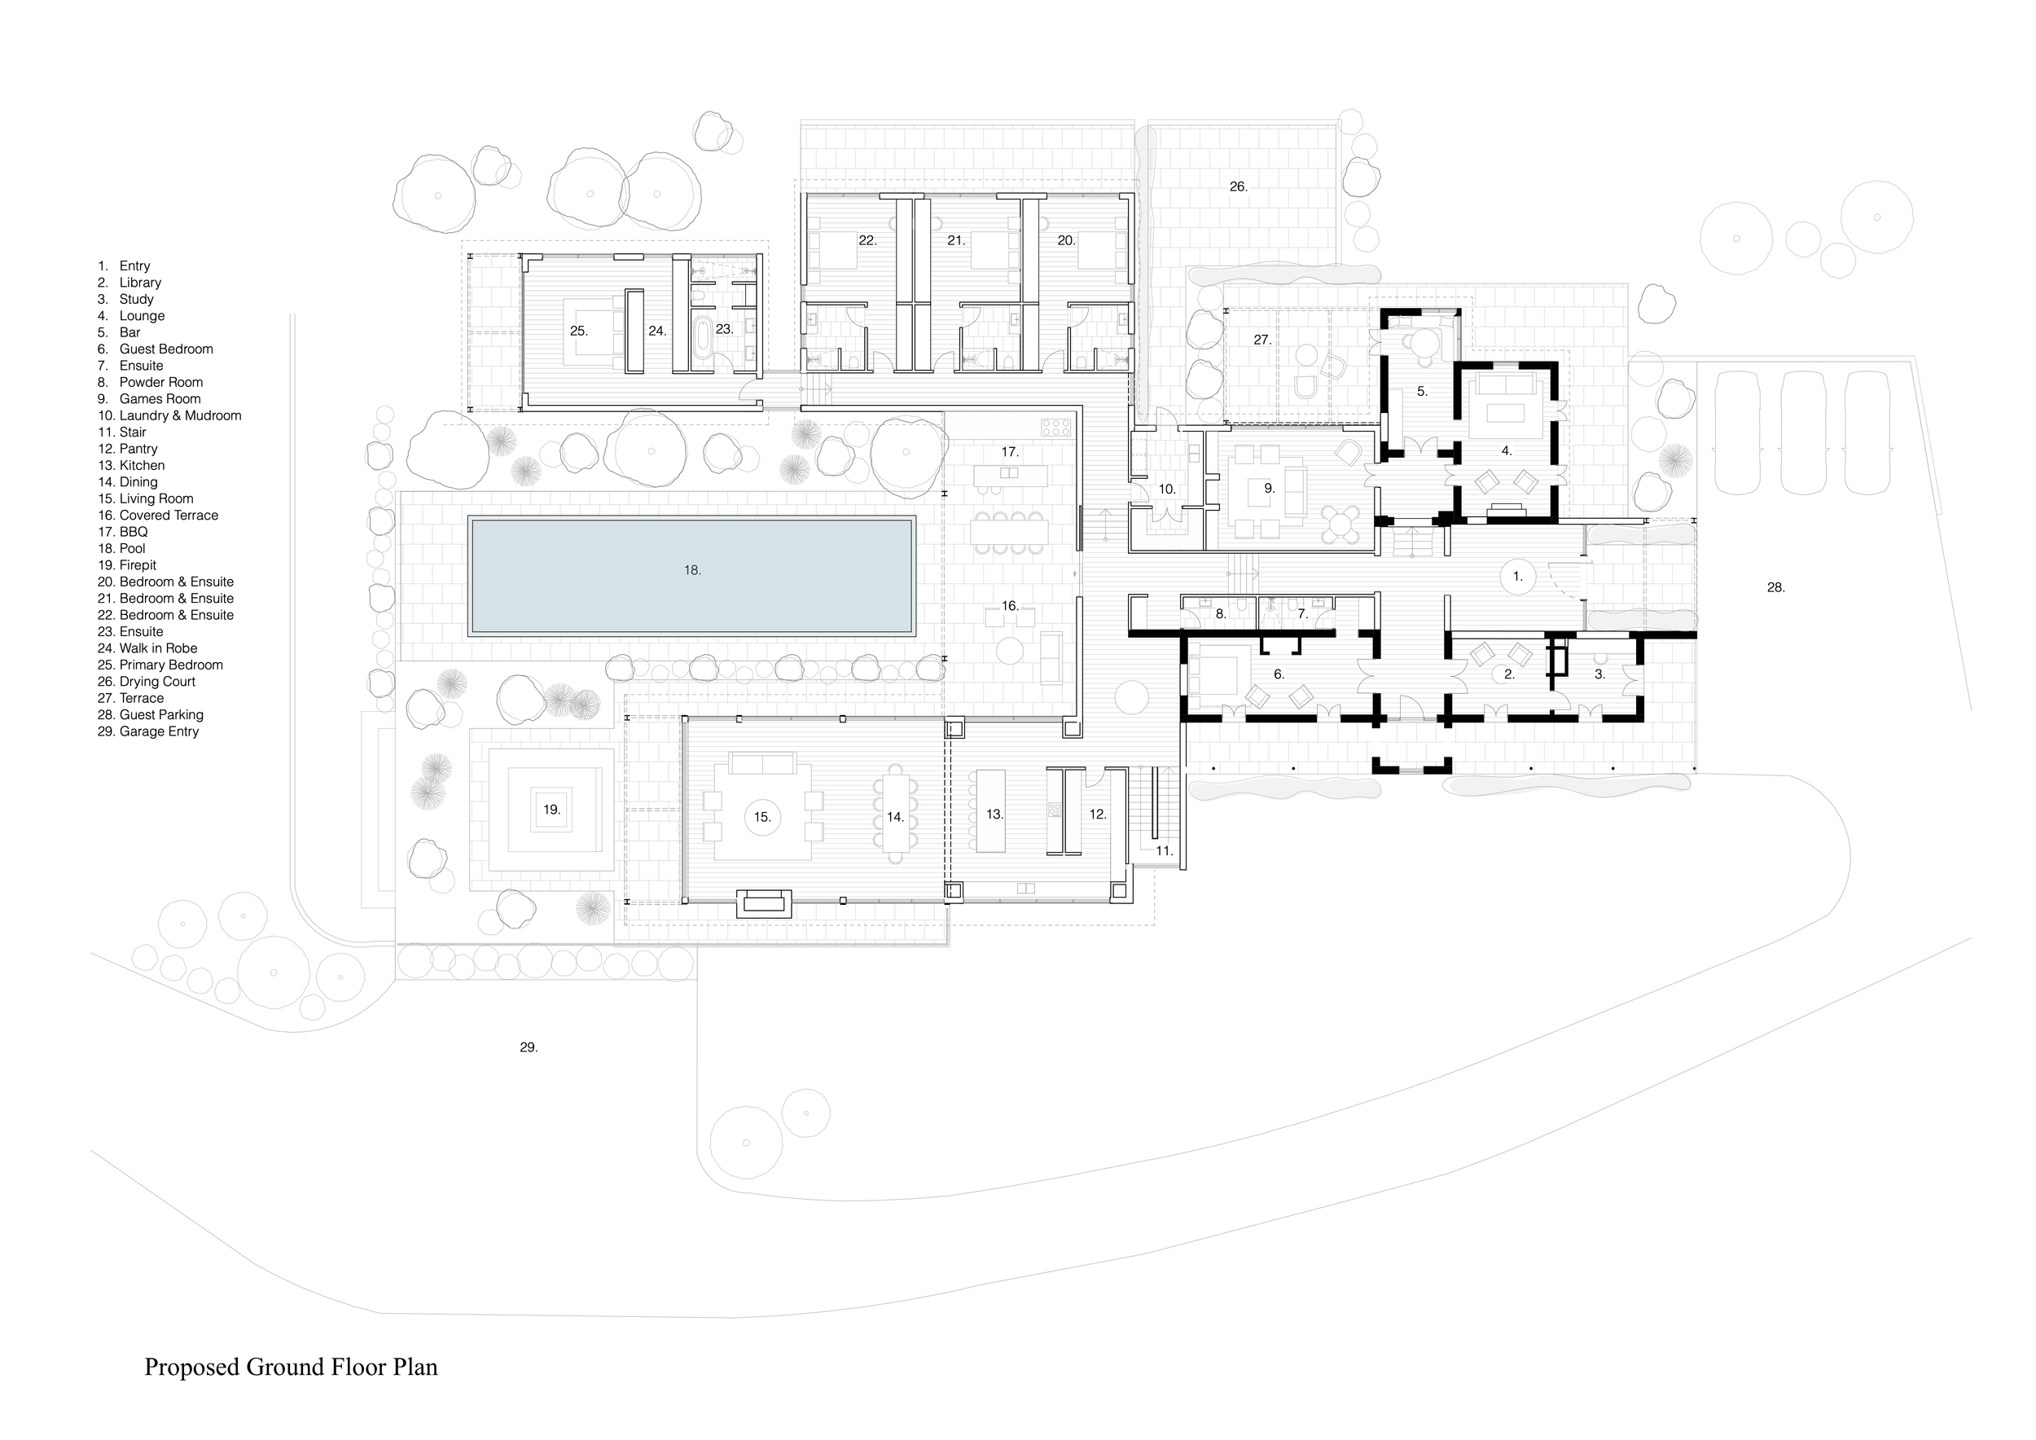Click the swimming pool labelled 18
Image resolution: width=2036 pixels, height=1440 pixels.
[691, 577]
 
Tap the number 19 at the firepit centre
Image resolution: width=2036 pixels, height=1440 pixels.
[551, 810]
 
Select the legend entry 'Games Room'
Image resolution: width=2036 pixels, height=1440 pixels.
[160, 399]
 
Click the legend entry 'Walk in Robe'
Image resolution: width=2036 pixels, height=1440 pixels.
[158, 648]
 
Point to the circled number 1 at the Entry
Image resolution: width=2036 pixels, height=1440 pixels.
[1517, 577]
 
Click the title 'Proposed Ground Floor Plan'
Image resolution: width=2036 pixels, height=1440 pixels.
[291, 1367]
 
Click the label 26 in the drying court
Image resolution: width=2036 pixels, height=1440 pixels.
[1238, 187]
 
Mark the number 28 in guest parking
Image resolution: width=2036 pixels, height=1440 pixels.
[1775, 587]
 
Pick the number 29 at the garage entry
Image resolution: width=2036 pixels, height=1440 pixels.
[529, 1047]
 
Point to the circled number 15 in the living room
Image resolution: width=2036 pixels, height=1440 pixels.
[762, 817]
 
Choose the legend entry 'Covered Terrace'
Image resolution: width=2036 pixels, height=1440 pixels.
[169, 516]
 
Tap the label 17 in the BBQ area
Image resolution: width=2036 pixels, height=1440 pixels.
[1009, 452]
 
